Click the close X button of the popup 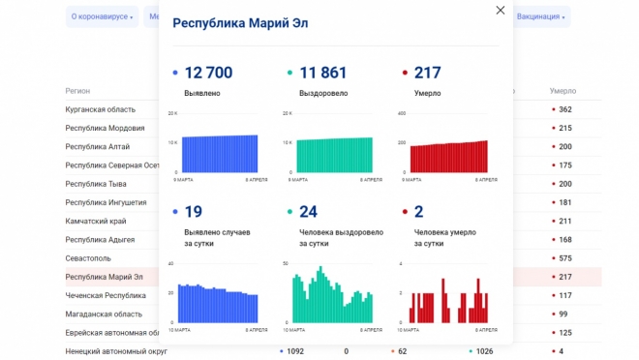click(x=500, y=11)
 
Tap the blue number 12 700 click(x=207, y=74)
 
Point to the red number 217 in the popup click(x=427, y=74)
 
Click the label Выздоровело click(x=323, y=94)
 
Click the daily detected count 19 click(x=193, y=212)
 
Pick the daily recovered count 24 click(x=309, y=212)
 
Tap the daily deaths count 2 click(x=418, y=212)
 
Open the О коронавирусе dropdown click(x=102, y=17)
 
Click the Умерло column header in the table click(x=563, y=90)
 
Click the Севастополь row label click(x=88, y=258)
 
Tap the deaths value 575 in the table click(x=564, y=258)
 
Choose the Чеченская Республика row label click(x=106, y=295)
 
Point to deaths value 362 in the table click(x=564, y=109)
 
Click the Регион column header click(x=77, y=90)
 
